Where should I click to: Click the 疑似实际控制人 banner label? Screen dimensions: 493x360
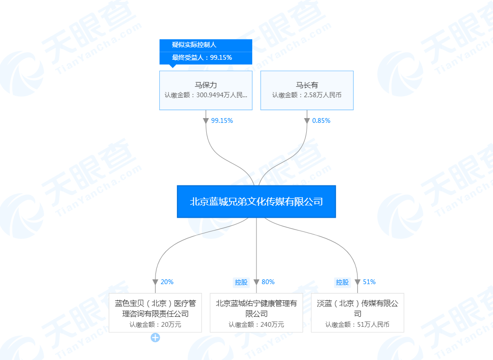(x=194, y=45)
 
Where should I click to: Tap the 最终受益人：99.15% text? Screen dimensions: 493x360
(x=202, y=57)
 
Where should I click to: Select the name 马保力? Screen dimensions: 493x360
(x=206, y=85)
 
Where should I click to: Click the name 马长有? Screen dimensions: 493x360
(x=307, y=85)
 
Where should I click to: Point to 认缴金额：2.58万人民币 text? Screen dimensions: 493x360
(x=307, y=95)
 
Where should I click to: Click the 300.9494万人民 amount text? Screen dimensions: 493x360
(x=219, y=95)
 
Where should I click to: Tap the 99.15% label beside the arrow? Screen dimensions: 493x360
(x=222, y=120)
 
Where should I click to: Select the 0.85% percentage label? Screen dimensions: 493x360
(x=321, y=120)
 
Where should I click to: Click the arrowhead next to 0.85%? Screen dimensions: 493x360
(x=307, y=121)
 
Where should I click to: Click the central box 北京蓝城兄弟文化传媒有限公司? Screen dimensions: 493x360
(x=256, y=202)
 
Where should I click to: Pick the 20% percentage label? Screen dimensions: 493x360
(x=167, y=282)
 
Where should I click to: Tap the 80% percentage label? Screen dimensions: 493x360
(x=268, y=282)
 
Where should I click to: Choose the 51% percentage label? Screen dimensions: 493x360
(x=369, y=282)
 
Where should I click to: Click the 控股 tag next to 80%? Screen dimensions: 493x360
(x=241, y=282)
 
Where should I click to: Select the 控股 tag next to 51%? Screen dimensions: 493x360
(x=342, y=282)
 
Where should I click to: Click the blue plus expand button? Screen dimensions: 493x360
(x=155, y=338)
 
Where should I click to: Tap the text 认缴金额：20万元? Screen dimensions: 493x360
(x=155, y=324)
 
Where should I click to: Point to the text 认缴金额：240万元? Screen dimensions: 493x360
(x=256, y=324)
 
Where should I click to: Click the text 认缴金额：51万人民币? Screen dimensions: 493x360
(x=357, y=324)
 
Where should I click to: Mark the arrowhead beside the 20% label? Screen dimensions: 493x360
(x=155, y=282)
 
